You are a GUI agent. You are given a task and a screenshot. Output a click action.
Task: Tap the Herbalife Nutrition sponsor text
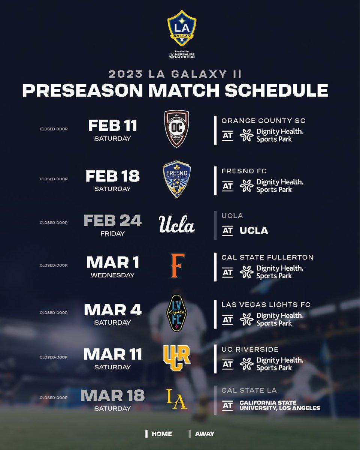pyautogui.click(x=182, y=55)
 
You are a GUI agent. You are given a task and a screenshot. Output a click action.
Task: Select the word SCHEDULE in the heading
pyautogui.click(x=276, y=90)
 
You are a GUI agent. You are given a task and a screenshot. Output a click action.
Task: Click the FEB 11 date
pyautogui.click(x=113, y=126)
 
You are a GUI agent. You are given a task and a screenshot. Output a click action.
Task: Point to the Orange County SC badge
pyautogui.click(x=176, y=129)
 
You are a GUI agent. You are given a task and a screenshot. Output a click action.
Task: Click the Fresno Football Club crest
pyautogui.click(x=177, y=179)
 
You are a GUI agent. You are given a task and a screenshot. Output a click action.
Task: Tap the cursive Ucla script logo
pyautogui.click(x=177, y=224)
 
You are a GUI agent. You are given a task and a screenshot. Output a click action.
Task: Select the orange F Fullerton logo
pyautogui.click(x=177, y=265)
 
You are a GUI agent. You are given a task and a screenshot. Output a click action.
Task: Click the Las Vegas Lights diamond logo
pyautogui.click(x=177, y=313)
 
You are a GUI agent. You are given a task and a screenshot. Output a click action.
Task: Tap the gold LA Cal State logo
pyautogui.click(x=176, y=399)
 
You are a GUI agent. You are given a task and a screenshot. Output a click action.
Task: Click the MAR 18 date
pyautogui.click(x=113, y=396)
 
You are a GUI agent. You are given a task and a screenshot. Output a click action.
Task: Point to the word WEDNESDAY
pyautogui.click(x=113, y=275)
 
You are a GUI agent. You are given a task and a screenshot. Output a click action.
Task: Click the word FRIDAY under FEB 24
pyautogui.click(x=113, y=233)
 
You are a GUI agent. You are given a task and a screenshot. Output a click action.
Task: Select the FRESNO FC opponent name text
pyautogui.click(x=244, y=171)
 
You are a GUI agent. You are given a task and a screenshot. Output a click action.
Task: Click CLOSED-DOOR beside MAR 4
pyautogui.click(x=54, y=313)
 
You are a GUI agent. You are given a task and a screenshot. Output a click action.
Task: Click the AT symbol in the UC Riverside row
pyautogui.click(x=227, y=364)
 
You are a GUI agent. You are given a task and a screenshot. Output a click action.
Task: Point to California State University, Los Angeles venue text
pyautogui.click(x=280, y=405)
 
